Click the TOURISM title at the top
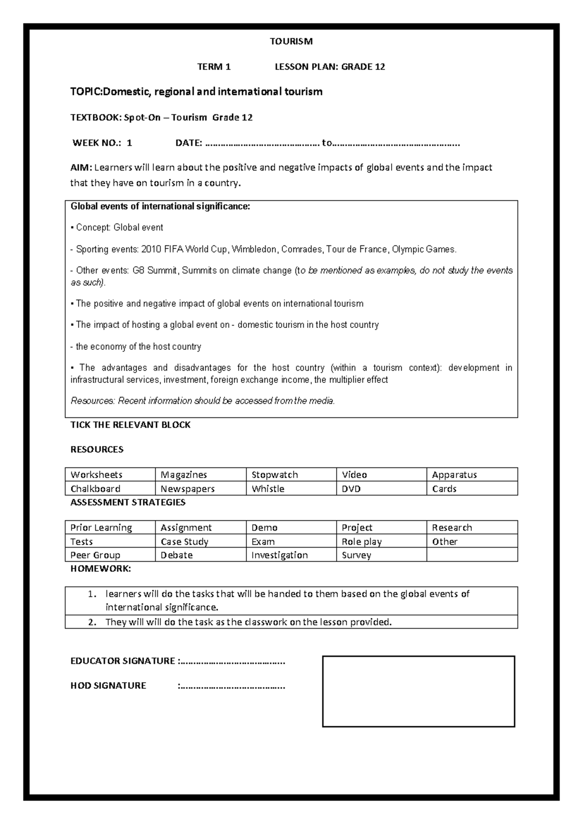click(x=291, y=41)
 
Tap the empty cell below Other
click(x=472, y=555)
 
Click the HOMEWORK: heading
click(x=101, y=568)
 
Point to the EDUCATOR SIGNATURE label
click(x=122, y=661)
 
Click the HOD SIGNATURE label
click(x=108, y=686)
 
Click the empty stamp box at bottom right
click(x=418, y=691)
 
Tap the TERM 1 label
click(x=214, y=67)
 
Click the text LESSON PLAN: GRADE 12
click(x=330, y=67)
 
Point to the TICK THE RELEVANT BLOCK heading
click(x=130, y=425)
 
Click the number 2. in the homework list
click(x=92, y=622)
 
